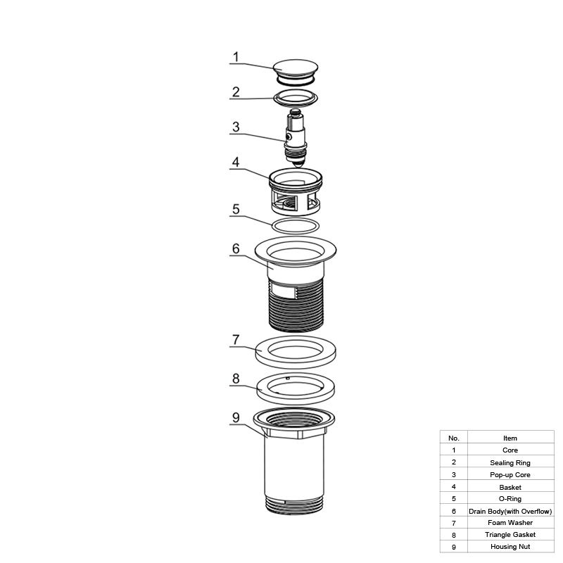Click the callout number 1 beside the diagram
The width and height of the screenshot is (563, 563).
236,57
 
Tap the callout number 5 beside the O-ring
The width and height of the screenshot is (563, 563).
236,209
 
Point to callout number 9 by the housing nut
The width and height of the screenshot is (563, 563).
236,417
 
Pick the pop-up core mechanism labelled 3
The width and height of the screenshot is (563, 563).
296,138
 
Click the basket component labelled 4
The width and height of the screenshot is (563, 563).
296,192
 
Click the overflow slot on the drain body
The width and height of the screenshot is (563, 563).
284,290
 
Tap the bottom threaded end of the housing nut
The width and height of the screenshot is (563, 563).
295,505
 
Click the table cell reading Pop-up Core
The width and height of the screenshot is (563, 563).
510,474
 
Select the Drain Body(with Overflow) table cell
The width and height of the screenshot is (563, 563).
510,511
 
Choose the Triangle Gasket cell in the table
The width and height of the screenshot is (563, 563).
510,535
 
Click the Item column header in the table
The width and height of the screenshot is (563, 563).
510,438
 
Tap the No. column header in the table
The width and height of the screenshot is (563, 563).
454,438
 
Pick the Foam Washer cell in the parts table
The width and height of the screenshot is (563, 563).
510,523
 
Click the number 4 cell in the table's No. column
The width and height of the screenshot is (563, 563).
454,487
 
